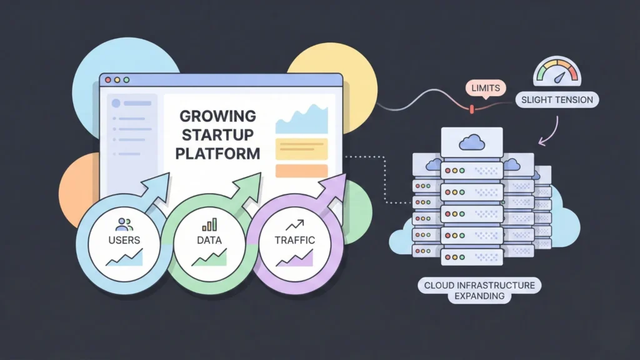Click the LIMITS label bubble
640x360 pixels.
pyautogui.click(x=486, y=88)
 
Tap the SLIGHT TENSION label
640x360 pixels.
pyautogui.click(x=557, y=99)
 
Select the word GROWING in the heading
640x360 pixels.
pyautogui.click(x=217, y=116)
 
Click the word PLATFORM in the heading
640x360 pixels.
pyautogui.click(x=217, y=153)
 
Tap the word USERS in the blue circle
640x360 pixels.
pyautogui.click(x=124, y=239)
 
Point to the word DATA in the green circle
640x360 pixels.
pyautogui.click(x=209, y=239)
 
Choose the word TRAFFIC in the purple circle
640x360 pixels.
pyautogui.click(x=294, y=239)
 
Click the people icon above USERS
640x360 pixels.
pyautogui.click(x=124, y=223)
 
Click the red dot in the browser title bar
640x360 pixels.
pyautogui.click(x=107, y=80)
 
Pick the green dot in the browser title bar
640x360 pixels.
pyautogui.click(x=126, y=80)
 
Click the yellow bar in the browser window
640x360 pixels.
pyautogui.click(x=301, y=149)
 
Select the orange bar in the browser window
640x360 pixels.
pyautogui.click(x=301, y=171)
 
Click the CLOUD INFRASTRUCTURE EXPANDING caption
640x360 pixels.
pyautogui.click(x=479, y=291)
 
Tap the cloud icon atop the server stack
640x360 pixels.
pyautogui.click(x=471, y=143)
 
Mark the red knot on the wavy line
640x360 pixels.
pyautogui.click(x=472, y=109)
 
